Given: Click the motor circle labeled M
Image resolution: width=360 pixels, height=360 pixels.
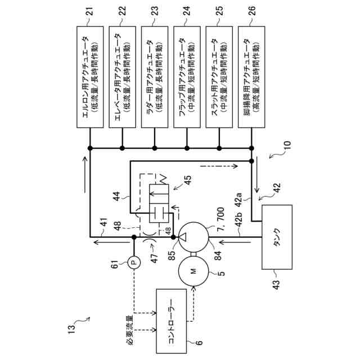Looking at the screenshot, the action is (x=193, y=271).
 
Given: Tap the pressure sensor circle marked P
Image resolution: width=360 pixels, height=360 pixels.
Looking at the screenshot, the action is (x=134, y=262).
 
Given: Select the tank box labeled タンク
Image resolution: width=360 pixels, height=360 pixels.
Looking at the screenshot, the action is (x=277, y=237).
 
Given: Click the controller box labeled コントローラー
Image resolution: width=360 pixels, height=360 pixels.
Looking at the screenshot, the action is (x=171, y=321).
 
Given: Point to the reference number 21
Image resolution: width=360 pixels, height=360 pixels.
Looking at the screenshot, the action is (x=90, y=11).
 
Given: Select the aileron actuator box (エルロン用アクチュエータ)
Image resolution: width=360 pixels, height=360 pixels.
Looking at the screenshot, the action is (x=90, y=77).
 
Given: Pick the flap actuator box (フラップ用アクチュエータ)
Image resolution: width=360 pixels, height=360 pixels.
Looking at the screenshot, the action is (x=187, y=77).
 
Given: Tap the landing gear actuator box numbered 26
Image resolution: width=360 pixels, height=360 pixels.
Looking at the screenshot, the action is (x=251, y=77).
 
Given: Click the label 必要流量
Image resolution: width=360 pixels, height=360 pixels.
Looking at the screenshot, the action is (x=130, y=330).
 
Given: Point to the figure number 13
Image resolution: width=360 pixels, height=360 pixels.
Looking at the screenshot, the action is (x=71, y=330).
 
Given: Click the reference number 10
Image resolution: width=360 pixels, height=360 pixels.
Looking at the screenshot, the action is (x=287, y=145).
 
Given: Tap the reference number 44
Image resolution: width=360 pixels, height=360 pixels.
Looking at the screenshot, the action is (x=117, y=196).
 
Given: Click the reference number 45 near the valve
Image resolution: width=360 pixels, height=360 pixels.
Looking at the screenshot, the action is (x=187, y=181).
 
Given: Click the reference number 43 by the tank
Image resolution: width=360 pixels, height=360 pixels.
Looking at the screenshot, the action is (x=277, y=285).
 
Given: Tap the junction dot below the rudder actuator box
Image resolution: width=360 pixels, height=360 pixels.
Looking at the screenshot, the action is (x=155, y=148).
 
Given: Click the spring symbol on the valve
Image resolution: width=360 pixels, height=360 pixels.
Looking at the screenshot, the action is (x=163, y=179).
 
